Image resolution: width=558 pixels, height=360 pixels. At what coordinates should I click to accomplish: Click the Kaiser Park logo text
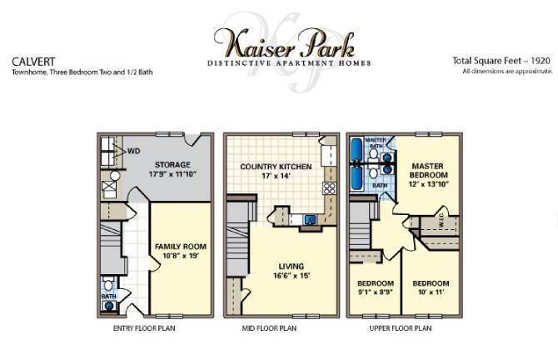pyautogui.click(x=287, y=41)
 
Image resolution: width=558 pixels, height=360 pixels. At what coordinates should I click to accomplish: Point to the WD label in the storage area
pyautogui.click(x=133, y=152)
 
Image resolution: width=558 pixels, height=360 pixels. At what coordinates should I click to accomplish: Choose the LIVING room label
pyautogui.click(x=284, y=271)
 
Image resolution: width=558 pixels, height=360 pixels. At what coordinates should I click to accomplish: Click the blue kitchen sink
pyautogui.click(x=310, y=221)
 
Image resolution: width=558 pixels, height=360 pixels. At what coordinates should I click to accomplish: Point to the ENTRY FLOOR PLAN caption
pyautogui.click(x=146, y=328)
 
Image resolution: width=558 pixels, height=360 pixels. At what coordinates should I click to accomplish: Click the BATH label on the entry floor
pyautogui.click(x=108, y=295)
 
